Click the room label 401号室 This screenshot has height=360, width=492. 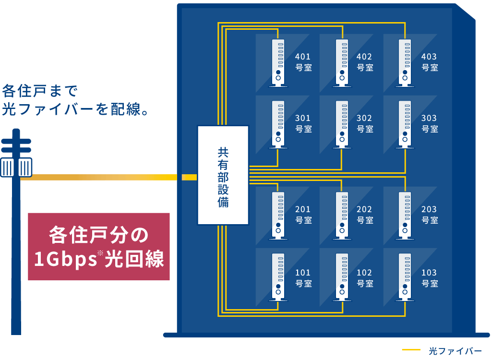(303, 62)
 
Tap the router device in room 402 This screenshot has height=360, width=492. (341, 62)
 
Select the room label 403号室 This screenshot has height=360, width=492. (430, 62)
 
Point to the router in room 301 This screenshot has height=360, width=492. (278, 123)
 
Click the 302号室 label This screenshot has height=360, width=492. (365, 123)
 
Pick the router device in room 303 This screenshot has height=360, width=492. (405, 123)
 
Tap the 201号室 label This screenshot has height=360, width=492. (303, 215)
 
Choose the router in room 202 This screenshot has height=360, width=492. (341, 215)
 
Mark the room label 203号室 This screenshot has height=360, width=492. (430, 215)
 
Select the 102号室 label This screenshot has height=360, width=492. (365, 278)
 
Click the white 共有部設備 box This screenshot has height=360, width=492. (223, 175)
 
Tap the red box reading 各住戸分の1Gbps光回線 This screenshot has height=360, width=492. (99, 246)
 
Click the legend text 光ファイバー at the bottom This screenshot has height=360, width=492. (455, 351)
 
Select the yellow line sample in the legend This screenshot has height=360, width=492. (411, 350)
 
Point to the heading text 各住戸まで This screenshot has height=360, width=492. (40, 90)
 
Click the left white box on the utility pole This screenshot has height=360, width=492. (7, 168)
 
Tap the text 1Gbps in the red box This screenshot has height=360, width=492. (65, 260)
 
